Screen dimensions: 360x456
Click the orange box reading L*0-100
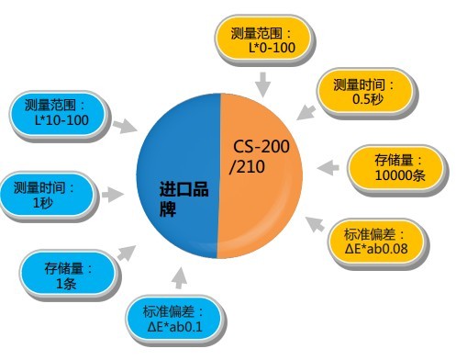point(264,39)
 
